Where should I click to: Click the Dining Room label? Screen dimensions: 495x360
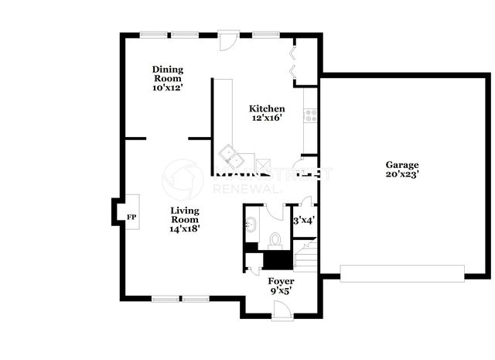point(168,74)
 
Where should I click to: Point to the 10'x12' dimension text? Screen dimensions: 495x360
point(168,87)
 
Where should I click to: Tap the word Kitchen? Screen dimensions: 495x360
point(267,108)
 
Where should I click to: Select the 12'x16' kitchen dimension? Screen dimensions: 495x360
point(267,118)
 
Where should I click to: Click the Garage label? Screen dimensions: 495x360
point(402,165)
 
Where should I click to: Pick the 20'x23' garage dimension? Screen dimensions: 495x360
point(402,174)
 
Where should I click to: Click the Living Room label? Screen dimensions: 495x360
point(185,215)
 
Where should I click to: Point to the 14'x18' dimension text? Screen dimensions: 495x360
point(185,228)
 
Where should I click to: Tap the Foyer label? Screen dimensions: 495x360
point(281,281)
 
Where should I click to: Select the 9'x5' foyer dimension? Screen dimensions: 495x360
point(281,291)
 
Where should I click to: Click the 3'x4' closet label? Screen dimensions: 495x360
point(304,221)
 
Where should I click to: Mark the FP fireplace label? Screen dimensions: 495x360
point(131,217)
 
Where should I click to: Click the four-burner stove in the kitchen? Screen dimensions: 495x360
point(310,115)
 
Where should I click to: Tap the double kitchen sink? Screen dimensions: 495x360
point(232,156)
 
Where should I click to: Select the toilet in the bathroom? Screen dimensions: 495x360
point(275,241)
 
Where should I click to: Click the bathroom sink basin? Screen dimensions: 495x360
point(251,225)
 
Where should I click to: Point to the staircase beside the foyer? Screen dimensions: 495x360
point(306,255)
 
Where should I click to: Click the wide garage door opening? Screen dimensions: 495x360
point(402,273)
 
